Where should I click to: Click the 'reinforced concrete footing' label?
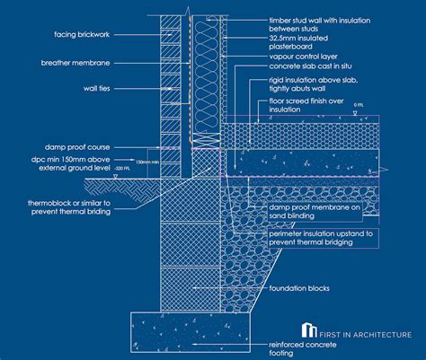[301, 348]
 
